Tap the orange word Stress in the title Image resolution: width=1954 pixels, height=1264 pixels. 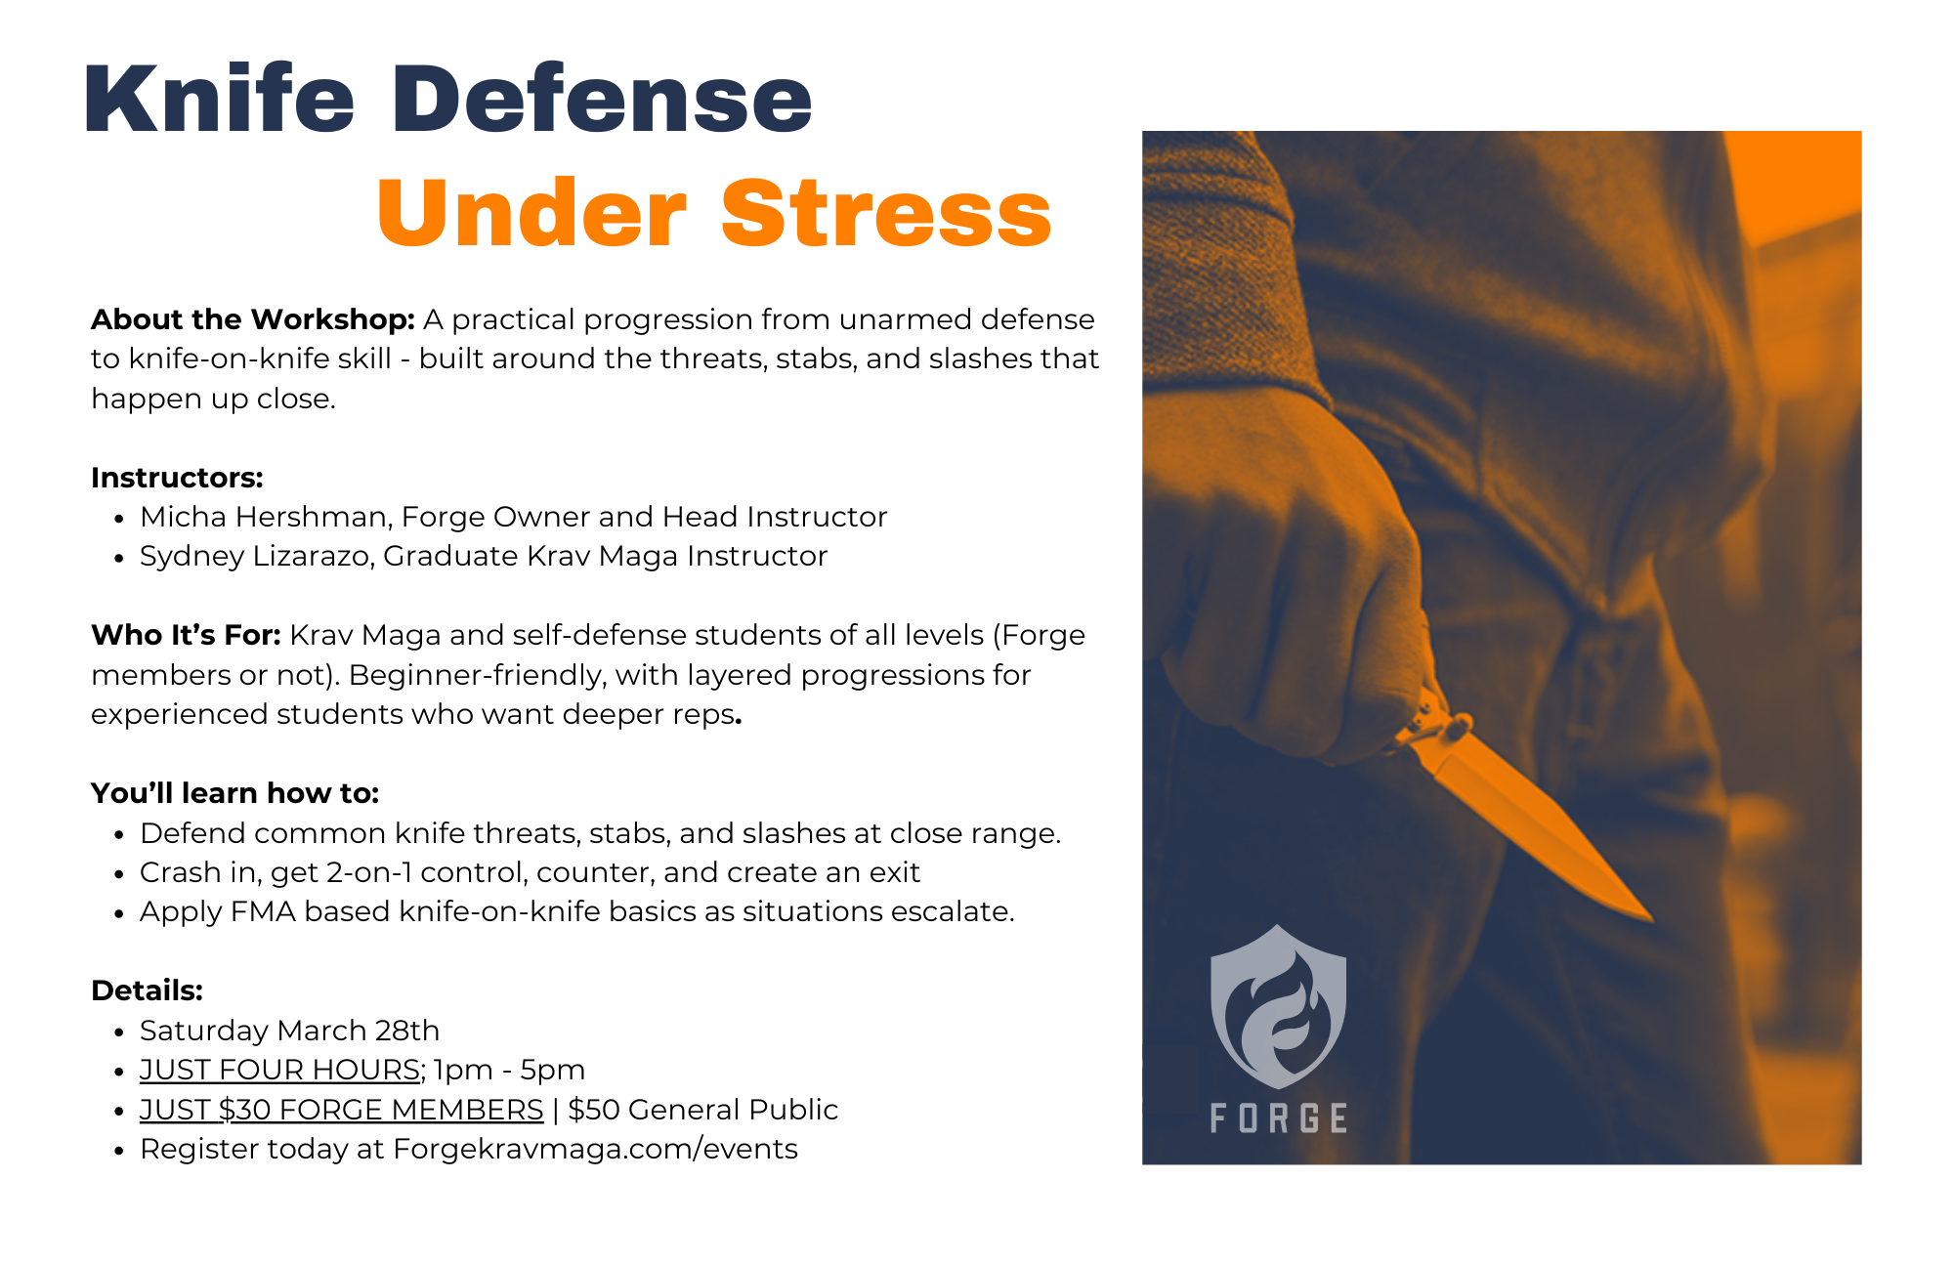click(886, 215)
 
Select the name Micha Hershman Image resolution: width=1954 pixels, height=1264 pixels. click(265, 517)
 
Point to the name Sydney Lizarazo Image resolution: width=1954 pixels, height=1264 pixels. click(255, 557)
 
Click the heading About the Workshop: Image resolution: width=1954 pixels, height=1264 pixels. click(253, 319)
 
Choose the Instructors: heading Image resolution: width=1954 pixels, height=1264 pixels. click(177, 478)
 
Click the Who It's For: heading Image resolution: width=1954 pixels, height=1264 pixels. click(186, 636)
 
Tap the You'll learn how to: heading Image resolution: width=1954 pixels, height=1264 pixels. click(234, 793)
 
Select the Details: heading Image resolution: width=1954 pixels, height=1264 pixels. click(147, 990)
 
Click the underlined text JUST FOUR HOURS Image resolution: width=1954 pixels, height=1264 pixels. click(279, 1071)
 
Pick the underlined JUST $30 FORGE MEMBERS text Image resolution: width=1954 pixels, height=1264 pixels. click(341, 1110)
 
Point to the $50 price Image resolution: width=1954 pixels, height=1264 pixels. click(593, 1110)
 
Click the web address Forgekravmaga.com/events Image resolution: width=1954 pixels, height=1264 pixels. click(595, 1150)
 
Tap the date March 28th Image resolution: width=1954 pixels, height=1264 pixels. click(358, 1031)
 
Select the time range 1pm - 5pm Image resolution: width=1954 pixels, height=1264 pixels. click(509, 1071)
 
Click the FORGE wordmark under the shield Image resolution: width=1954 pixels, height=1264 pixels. click(1278, 1118)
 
